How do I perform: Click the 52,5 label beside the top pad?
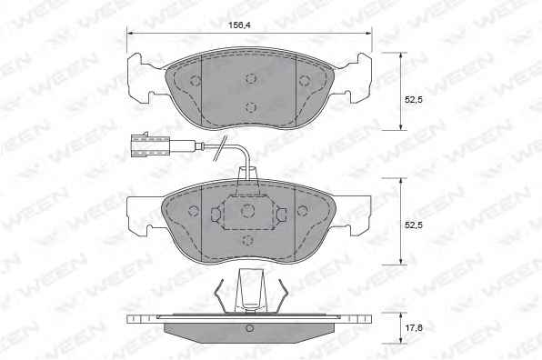[414, 100]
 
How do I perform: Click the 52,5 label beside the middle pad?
[414, 225]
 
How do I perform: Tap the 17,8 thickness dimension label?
[414, 327]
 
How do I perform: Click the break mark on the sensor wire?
[219, 148]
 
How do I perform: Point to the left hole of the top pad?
[196, 81]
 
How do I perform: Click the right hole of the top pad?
[304, 81]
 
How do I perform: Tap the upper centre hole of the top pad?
[251, 79]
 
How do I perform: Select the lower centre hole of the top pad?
[251, 107]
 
